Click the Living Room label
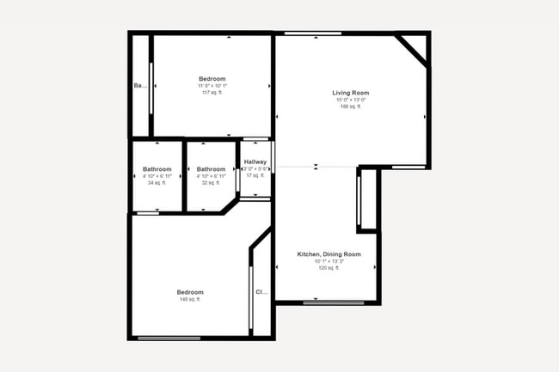point(350,93)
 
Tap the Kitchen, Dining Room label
point(329,254)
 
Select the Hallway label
point(255,162)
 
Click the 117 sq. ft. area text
point(212,93)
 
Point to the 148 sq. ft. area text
point(190,299)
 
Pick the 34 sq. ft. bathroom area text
point(157,183)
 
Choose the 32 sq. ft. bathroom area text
point(211,183)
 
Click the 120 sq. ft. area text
point(329,268)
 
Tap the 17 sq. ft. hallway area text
point(255,176)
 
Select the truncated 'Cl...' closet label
point(261,292)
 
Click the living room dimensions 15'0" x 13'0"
point(350,100)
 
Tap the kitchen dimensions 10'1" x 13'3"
point(329,261)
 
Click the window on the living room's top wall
point(314,34)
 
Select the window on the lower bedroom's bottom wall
point(169,338)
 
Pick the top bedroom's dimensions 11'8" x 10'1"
point(212,86)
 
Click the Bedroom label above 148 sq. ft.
point(190,292)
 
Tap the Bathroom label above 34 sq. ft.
point(157,169)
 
